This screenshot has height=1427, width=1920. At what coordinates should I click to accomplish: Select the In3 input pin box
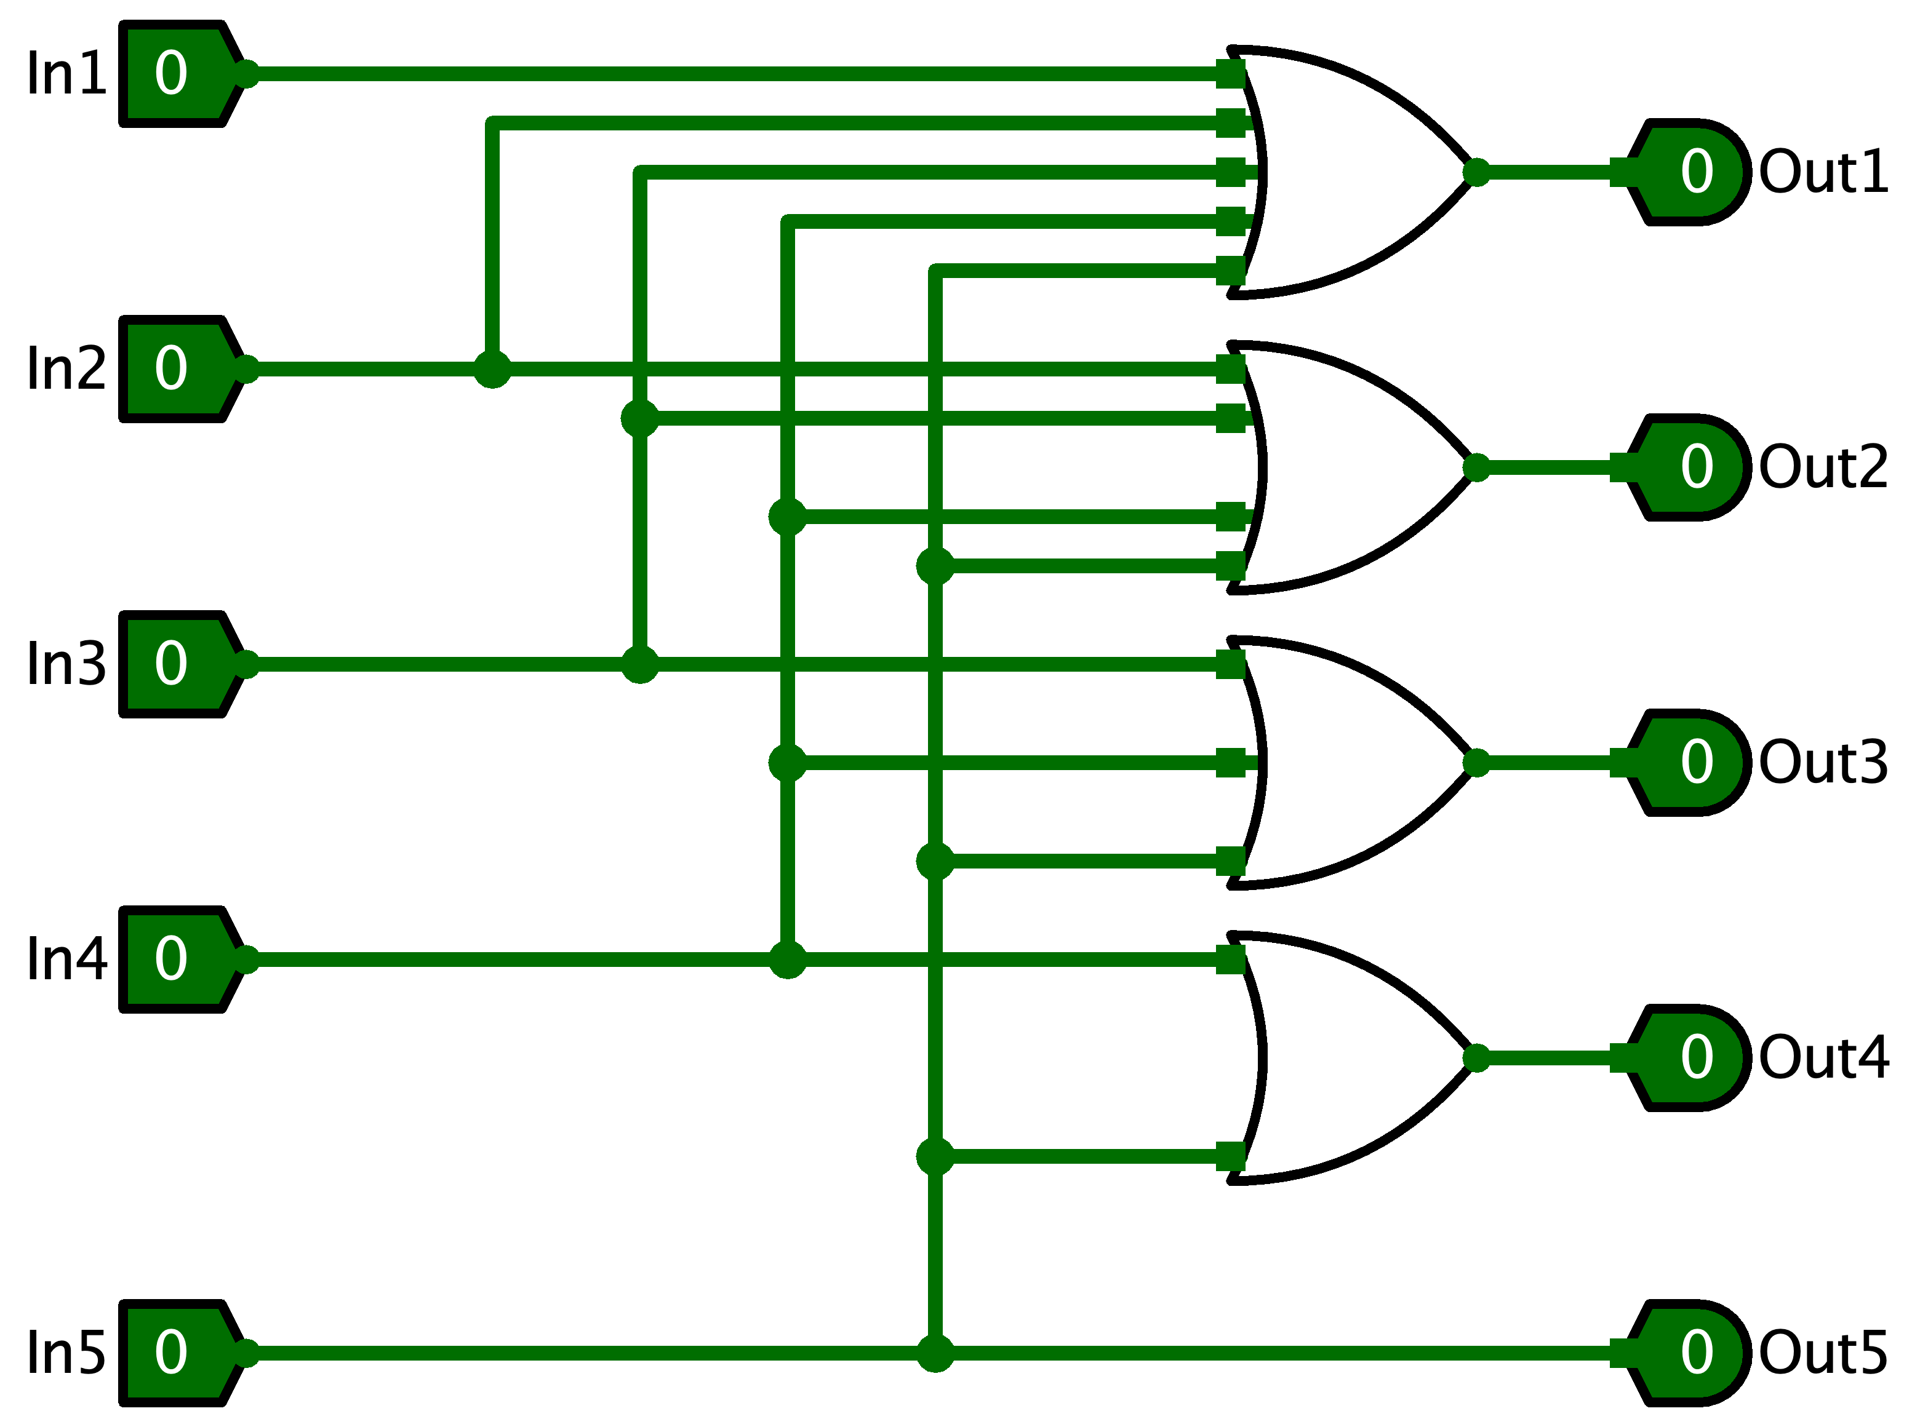point(177,665)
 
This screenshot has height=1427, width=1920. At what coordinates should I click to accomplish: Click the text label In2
point(66,370)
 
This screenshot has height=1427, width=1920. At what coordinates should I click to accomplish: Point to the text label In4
point(66,960)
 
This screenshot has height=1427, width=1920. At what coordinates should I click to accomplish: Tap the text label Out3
point(1823,763)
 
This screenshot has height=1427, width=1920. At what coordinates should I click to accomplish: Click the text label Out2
point(1823,468)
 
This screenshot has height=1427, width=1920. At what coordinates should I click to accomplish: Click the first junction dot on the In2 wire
point(492,370)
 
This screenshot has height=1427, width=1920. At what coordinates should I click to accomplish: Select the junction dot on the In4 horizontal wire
point(787,960)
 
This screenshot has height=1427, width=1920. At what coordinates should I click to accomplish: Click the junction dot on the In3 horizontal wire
point(639,665)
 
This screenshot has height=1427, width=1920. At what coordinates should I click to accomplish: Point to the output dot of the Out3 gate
point(1476,763)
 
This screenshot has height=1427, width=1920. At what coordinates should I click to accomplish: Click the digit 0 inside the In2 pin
point(171,369)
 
